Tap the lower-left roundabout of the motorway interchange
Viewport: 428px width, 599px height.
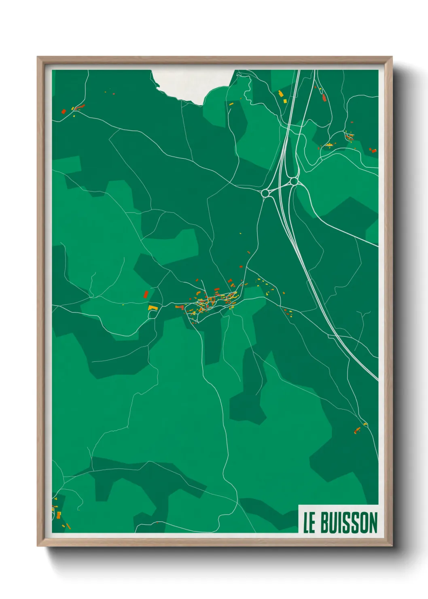(266, 193)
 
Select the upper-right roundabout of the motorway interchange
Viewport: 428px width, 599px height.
(294, 181)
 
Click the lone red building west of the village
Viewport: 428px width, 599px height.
(146, 294)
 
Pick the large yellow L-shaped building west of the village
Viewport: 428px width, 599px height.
(152, 308)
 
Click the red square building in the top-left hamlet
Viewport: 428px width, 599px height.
(63, 111)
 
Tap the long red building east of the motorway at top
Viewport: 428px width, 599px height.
(324, 98)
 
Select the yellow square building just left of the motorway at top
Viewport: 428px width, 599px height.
(284, 101)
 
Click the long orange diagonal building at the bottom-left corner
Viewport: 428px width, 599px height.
(68, 526)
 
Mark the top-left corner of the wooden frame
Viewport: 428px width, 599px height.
(38, 57)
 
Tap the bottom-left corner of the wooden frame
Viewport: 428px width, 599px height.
(38, 546)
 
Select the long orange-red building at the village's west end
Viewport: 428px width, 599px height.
(179, 307)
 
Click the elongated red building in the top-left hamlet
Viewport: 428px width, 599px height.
(80, 107)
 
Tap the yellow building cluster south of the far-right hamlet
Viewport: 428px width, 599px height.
(329, 144)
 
